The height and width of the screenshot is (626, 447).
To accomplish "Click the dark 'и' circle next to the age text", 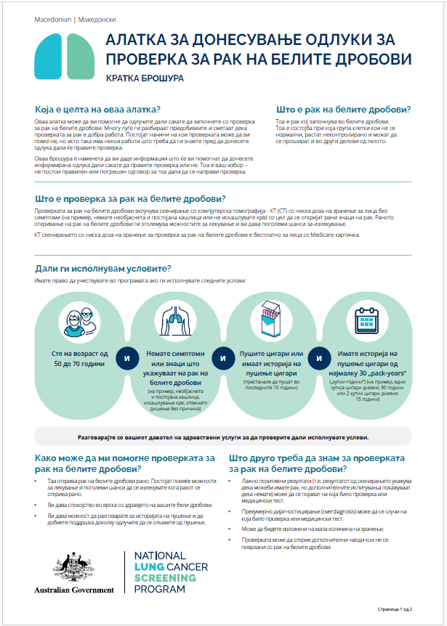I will pyautogui.click(x=126, y=358).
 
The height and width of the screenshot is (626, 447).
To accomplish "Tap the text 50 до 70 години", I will pyautogui.click(x=76, y=362).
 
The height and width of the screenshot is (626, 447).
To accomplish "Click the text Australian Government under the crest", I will pyautogui.click(x=74, y=589).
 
